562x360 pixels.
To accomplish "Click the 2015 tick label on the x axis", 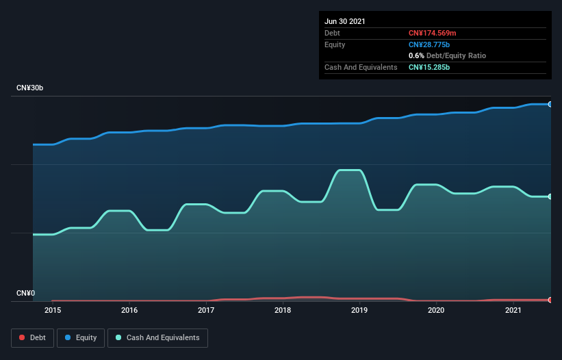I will [x=53, y=310].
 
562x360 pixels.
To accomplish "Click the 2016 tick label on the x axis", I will [x=129, y=310].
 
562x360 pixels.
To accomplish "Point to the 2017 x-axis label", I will [x=206, y=310].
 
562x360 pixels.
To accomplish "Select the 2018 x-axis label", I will [x=283, y=310].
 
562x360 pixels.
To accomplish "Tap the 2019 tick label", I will [x=359, y=310].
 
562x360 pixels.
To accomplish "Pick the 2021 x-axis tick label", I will [x=513, y=310].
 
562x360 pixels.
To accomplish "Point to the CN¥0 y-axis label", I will [x=26, y=294].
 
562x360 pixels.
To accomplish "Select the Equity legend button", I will [x=81, y=337].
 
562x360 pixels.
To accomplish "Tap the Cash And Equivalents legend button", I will [x=157, y=337].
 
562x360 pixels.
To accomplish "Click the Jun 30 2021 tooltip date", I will [x=345, y=21].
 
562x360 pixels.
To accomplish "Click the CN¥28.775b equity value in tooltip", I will [x=429, y=44].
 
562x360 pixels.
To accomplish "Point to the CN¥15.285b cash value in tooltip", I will [x=429, y=67].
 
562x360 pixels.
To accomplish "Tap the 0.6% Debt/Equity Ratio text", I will [x=447, y=55].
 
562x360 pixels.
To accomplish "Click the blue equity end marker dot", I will [x=550, y=104].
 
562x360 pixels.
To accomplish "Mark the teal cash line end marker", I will [x=550, y=196].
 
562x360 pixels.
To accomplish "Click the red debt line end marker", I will [x=550, y=300].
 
